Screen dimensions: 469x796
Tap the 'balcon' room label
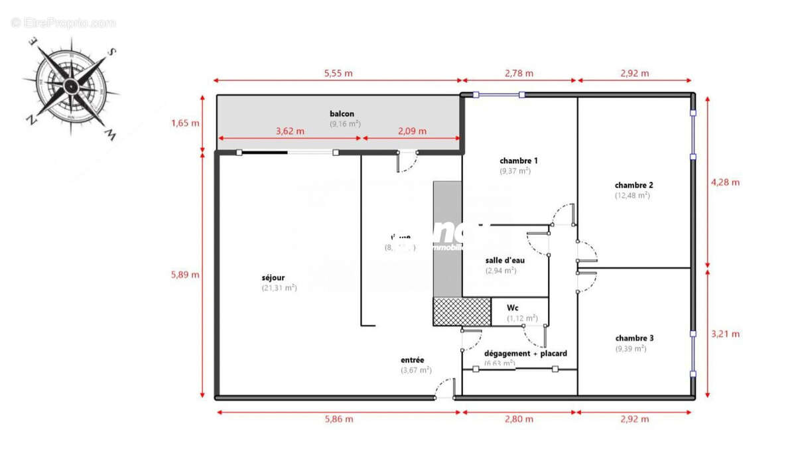pos(342,113)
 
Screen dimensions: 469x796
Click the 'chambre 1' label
pos(518,161)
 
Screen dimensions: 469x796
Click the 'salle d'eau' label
pos(505,260)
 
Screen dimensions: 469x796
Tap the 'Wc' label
pos(512,308)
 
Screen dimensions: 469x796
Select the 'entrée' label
pos(412,360)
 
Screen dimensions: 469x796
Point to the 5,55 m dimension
pos(338,73)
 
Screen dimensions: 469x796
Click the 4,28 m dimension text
pos(726,182)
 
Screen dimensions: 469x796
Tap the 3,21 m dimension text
pos(726,334)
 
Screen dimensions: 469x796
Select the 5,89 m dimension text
pos(186,275)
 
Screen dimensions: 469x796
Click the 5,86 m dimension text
pos(339,419)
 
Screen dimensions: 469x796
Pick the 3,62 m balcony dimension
pos(290,131)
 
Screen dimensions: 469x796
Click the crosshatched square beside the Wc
pos(461,312)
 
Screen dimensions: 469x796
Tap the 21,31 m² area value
pos(279,288)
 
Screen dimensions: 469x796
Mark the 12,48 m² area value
pos(632,196)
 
